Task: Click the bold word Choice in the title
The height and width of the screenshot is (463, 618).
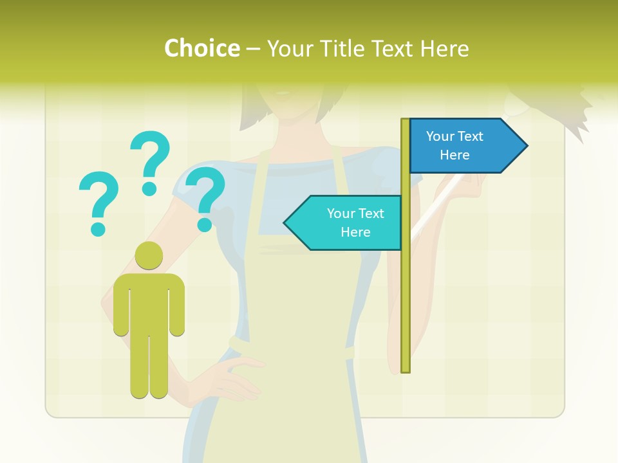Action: click(201, 48)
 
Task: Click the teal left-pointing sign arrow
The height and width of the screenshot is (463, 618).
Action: click(344, 222)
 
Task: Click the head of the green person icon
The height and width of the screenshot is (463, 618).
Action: click(149, 255)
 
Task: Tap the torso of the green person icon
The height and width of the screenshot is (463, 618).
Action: click(149, 302)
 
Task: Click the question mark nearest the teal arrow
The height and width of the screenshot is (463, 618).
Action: click(206, 196)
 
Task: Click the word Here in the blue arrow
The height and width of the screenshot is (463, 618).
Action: click(454, 155)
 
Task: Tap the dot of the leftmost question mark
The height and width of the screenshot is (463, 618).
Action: click(98, 229)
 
